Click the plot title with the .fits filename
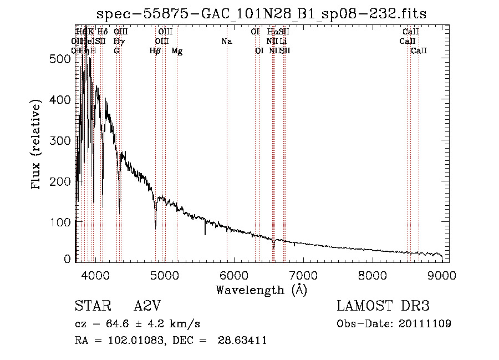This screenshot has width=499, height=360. click(262, 14)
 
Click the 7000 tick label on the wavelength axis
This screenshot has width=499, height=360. click(303, 275)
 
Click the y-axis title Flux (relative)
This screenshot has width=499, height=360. click(37, 145)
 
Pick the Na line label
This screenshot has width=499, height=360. click(226, 41)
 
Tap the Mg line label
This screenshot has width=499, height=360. click(177, 51)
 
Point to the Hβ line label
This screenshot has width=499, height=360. click(155, 51)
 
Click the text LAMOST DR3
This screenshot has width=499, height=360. click(383, 306)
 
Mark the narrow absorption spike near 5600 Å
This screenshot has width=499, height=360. click(205, 233)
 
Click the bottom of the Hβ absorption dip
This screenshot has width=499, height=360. click(155, 226)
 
